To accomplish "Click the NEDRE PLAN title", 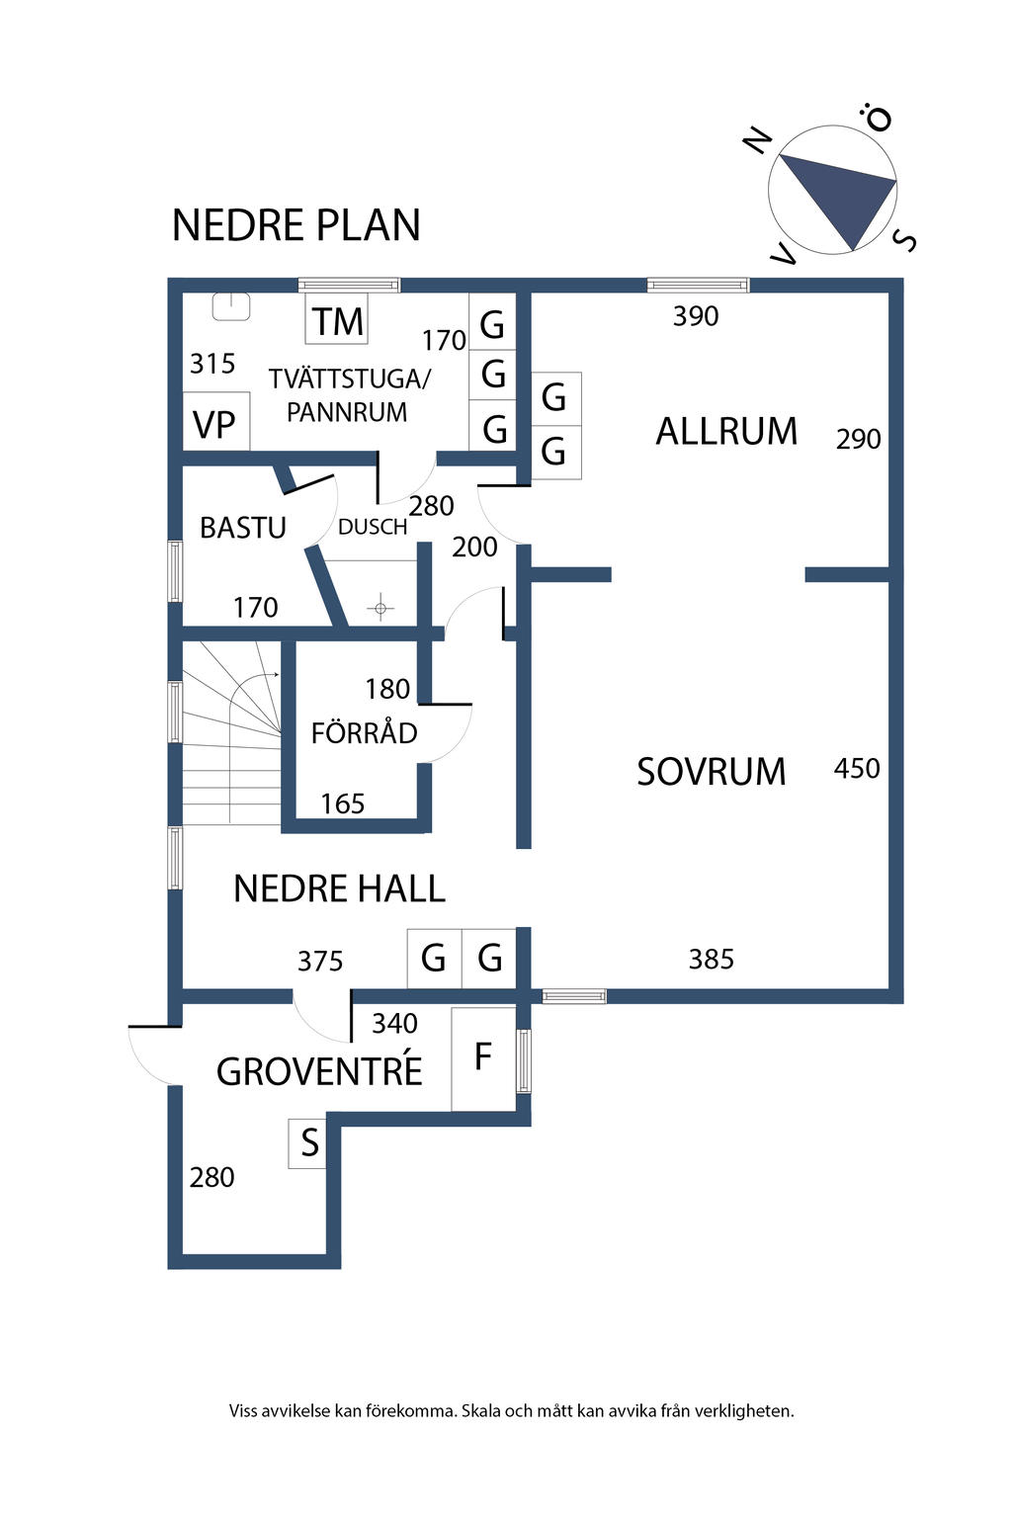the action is pyautogui.click(x=296, y=225).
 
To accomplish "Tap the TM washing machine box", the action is pyautogui.click(x=337, y=318).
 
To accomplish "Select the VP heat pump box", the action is pyautogui.click(x=216, y=421).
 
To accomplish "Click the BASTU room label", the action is pyautogui.click(x=243, y=528).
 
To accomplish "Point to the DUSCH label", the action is pyautogui.click(x=373, y=527).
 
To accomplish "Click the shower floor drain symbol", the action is pyautogui.click(x=380, y=608).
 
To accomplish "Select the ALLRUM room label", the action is pyautogui.click(x=726, y=431).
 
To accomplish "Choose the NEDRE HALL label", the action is pyautogui.click(x=339, y=888).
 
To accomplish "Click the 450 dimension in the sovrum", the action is pyautogui.click(x=857, y=769).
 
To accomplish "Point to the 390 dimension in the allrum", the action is pyautogui.click(x=696, y=316).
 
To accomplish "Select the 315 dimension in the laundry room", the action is pyautogui.click(x=212, y=364).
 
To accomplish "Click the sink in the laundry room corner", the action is pyautogui.click(x=231, y=306).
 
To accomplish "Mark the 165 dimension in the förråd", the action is pyautogui.click(x=342, y=803).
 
